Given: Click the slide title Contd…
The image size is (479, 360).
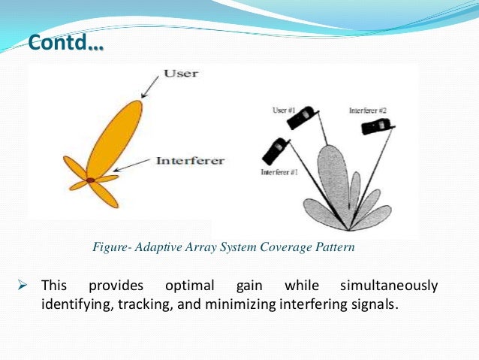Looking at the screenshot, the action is click(x=66, y=43).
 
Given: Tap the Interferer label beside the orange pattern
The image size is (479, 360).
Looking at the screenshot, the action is click(x=189, y=161).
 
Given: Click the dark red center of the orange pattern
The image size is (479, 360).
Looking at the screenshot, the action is click(x=90, y=180).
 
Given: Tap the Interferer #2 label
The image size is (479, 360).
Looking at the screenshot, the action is click(x=368, y=110).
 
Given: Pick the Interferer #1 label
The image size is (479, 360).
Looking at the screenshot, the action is click(x=280, y=172).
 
